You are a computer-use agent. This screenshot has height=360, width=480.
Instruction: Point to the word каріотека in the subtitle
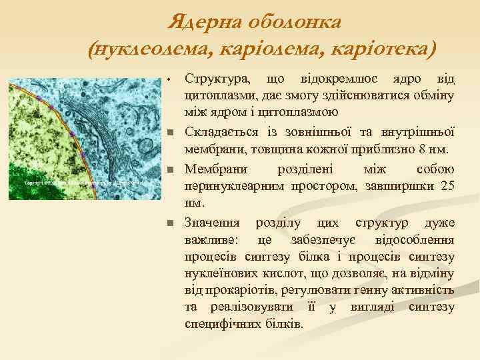(383, 49)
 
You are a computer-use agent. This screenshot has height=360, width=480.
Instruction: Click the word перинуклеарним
(235, 185)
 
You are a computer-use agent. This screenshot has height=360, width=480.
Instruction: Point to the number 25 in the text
(448, 185)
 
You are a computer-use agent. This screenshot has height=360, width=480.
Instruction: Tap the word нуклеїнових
(220, 273)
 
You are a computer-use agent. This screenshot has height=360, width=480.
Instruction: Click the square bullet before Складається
(171, 131)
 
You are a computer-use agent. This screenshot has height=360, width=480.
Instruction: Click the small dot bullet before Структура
(171, 81)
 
